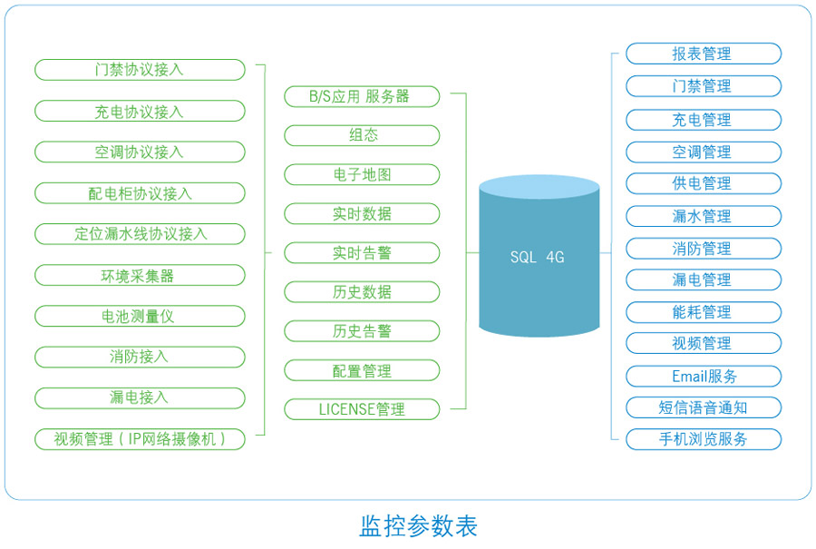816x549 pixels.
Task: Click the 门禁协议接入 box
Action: [x=140, y=70]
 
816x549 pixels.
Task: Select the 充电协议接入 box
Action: [x=140, y=111]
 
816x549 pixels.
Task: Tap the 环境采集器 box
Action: [x=140, y=275]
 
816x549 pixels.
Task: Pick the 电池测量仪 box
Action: [x=140, y=316]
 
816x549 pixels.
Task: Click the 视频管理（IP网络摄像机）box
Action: [x=140, y=439]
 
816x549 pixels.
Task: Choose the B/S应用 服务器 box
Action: [x=362, y=96]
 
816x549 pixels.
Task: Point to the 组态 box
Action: [x=362, y=135]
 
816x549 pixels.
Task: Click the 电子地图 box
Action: [x=362, y=174]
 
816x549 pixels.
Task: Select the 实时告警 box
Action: [x=362, y=252]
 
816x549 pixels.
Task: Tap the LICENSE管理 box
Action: [x=362, y=409]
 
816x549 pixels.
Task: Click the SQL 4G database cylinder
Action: [x=539, y=256]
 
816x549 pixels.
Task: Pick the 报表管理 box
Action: [x=704, y=54]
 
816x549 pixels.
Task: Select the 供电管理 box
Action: [x=704, y=183]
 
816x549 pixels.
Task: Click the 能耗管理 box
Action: [x=704, y=312]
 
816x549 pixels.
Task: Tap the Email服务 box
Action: [x=704, y=376]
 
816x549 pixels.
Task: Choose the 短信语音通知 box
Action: [x=704, y=407]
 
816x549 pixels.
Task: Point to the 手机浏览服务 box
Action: [x=704, y=439]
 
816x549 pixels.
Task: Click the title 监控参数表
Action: [x=418, y=526]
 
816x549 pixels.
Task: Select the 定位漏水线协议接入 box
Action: [x=140, y=234]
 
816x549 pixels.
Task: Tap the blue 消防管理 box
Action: [x=704, y=249]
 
